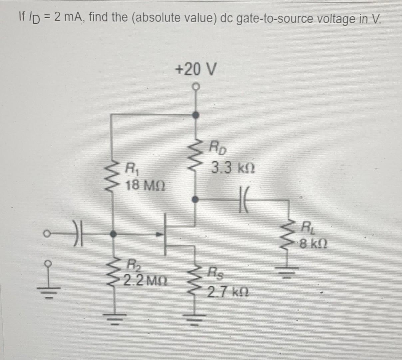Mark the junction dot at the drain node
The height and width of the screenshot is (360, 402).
(x=197, y=200)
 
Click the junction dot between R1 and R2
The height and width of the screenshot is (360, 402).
(x=114, y=234)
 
